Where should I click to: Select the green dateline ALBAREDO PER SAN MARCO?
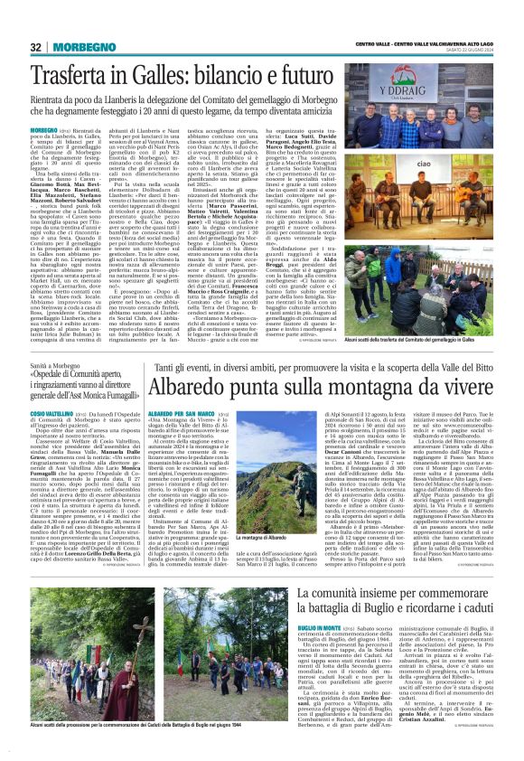[172, 412]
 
